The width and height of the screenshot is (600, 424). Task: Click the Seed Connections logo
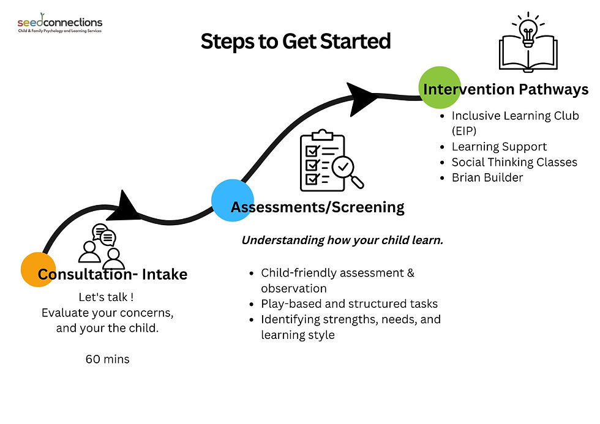[59, 24]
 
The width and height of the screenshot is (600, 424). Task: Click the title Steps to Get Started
[296, 42]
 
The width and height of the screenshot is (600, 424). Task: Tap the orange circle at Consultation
[39, 269]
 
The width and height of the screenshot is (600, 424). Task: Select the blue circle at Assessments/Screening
[233, 199]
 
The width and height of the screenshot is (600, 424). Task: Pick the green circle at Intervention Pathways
[439, 87]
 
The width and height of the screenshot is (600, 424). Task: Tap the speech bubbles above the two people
[103, 236]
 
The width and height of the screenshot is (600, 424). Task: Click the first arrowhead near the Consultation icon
[129, 206]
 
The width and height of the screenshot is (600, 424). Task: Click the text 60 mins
[107, 359]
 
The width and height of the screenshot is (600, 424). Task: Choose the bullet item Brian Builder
[487, 178]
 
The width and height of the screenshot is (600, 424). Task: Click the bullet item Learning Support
[499, 147]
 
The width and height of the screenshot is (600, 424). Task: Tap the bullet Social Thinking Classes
[514, 162]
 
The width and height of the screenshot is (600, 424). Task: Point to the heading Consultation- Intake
[113, 275]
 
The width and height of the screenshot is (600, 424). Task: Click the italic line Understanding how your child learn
[342, 240]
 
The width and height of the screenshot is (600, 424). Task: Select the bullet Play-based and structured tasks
[349, 303]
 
